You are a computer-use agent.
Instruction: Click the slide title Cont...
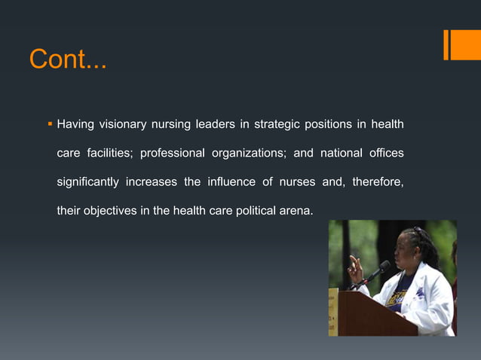tap(68, 59)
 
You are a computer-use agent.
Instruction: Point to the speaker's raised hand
tap(354, 267)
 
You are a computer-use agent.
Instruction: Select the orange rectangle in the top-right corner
tap(460, 44)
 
